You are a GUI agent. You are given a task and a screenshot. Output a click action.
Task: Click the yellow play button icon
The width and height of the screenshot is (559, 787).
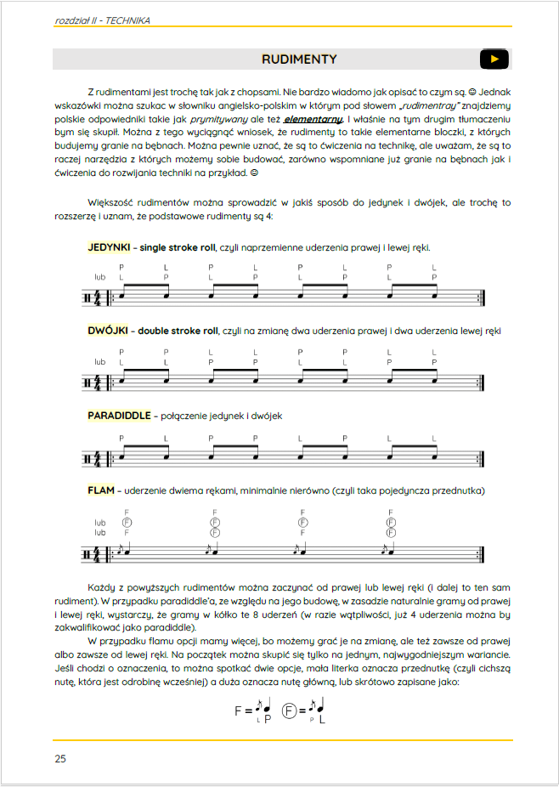pyautogui.click(x=494, y=59)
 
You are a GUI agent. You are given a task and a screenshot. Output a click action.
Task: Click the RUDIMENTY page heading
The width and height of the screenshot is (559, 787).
pyautogui.click(x=299, y=59)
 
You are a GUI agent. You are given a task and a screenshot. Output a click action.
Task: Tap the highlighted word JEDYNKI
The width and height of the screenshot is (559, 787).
pyautogui.click(x=108, y=248)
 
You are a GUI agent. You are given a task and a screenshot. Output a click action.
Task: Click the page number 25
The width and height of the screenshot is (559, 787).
pyautogui.click(x=59, y=758)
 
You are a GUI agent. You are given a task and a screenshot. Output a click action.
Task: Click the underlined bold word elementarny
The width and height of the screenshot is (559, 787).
pyautogui.click(x=313, y=120)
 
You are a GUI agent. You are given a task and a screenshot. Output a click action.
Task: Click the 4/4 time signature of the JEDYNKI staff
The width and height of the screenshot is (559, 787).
pyautogui.click(x=99, y=297)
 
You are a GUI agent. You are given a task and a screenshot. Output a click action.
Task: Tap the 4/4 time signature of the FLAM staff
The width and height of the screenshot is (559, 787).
pyautogui.click(x=99, y=553)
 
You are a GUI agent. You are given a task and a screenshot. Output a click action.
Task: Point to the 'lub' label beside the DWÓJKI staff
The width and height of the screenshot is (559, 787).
pyautogui.click(x=100, y=362)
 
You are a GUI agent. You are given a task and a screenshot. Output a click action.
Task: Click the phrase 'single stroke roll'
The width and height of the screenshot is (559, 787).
pyautogui.click(x=178, y=248)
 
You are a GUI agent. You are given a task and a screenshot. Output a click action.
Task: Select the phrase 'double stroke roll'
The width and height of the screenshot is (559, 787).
pyautogui.click(x=178, y=330)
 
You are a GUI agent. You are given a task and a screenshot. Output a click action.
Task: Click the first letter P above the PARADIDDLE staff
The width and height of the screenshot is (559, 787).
pyautogui.click(x=121, y=439)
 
